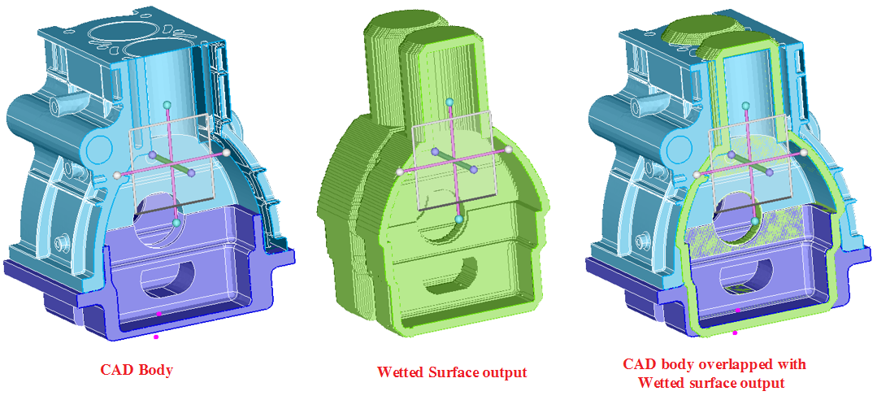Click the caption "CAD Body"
(x=136, y=370)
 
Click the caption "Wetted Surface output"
(x=452, y=372)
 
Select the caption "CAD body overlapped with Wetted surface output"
(x=714, y=374)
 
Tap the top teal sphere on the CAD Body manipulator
(x=166, y=105)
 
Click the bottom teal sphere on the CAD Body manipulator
(x=176, y=223)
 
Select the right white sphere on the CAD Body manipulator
(x=227, y=151)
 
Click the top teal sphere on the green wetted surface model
(x=449, y=102)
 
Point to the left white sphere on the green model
(x=399, y=172)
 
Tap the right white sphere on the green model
(x=509, y=150)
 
